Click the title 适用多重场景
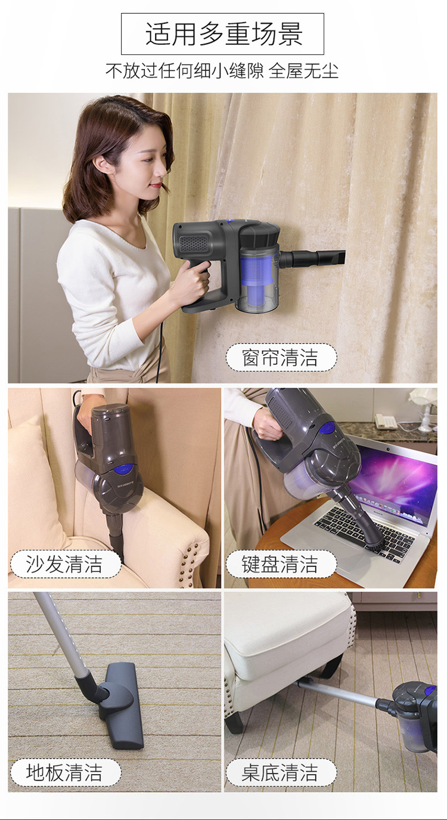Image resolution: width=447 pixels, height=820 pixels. pos(223,33)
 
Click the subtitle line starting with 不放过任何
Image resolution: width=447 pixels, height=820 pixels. pos(222,70)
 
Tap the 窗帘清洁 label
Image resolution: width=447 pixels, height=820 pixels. pos(281,357)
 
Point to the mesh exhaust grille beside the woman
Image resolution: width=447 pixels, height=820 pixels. pos(194,243)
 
